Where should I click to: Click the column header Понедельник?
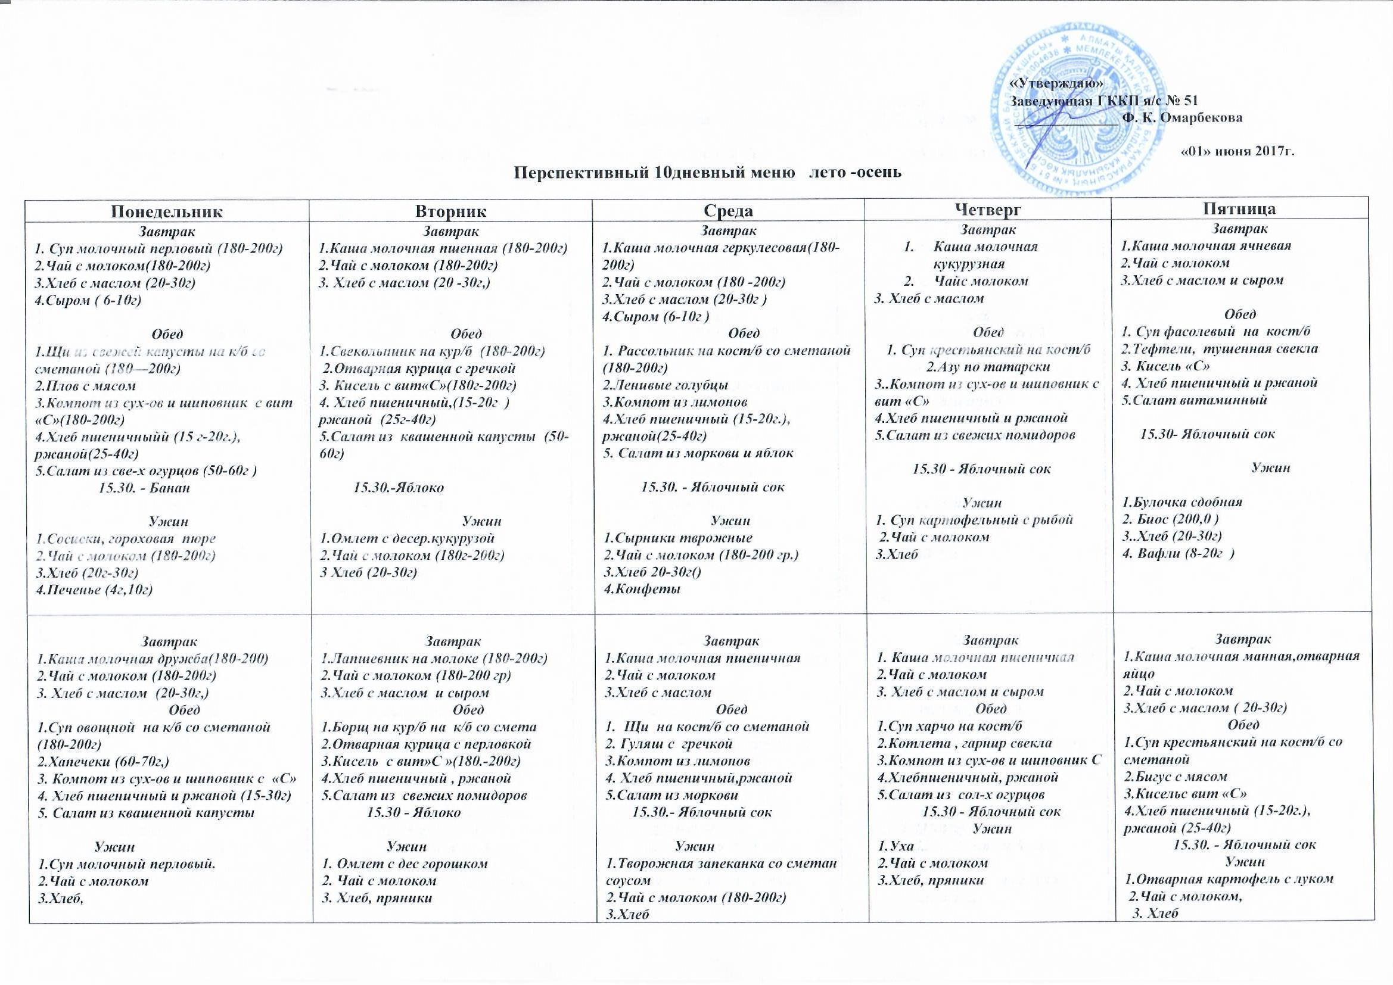tap(167, 211)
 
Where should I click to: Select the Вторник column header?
tap(450, 211)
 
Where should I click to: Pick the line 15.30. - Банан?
tap(144, 488)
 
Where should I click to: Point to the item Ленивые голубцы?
tap(666, 385)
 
